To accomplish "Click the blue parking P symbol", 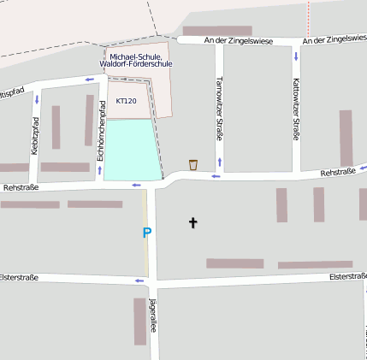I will click(x=147, y=232).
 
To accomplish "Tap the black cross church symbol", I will click(x=192, y=223).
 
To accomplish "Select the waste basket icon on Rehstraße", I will click(x=193, y=164).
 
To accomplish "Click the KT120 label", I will click(x=126, y=101).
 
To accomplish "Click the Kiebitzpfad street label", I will click(x=35, y=135).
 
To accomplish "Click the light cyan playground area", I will click(x=132, y=150).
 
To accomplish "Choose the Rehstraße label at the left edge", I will click(x=21, y=186).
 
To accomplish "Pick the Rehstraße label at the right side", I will click(x=337, y=173).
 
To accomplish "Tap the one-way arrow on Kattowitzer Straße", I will click(x=296, y=56).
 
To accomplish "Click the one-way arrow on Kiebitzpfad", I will click(x=36, y=99).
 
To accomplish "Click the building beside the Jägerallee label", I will click(x=139, y=322).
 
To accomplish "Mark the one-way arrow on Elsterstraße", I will click(x=139, y=280).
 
